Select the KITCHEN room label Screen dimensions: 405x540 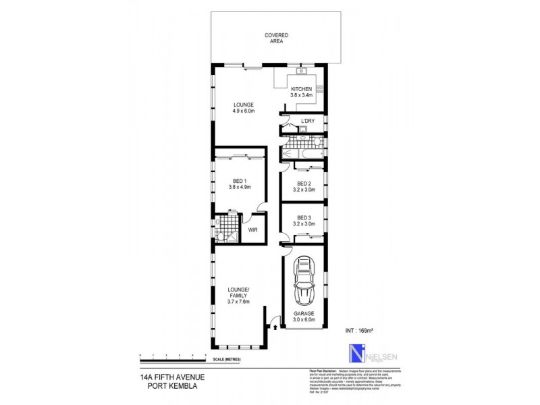coord(300,90)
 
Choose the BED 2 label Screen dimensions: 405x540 coord(304,184)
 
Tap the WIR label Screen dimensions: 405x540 coord(253,230)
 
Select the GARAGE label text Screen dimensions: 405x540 coord(304,315)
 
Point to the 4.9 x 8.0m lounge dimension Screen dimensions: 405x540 coord(243,112)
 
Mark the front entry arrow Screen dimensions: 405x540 coord(275,326)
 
